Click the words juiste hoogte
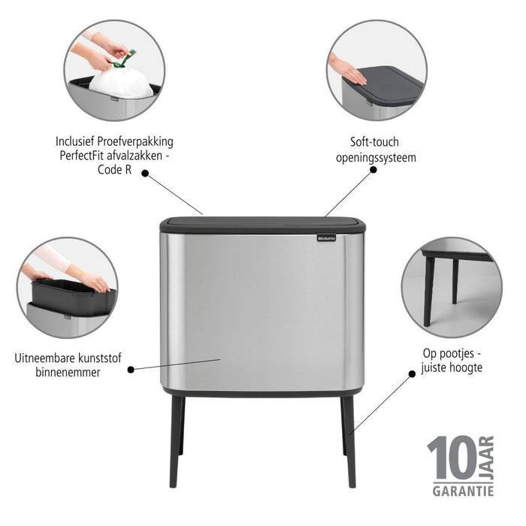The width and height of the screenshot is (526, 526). [x=452, y=368]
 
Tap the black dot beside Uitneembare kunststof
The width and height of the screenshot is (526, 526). [x=131, y=369]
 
